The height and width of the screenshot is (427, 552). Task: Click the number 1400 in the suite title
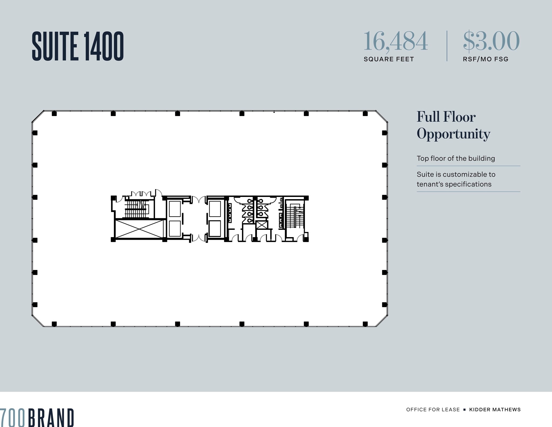click(104, 46)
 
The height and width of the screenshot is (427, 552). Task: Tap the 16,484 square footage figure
click(395, 41)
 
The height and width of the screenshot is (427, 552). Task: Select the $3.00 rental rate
click(491, 41)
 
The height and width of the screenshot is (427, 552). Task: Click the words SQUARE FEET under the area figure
click(389, 59)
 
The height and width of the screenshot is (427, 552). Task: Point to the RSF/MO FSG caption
click(485, 59)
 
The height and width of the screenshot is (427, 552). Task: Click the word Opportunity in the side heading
click(453, 134)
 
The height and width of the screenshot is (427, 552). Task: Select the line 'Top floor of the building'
click(456, 158)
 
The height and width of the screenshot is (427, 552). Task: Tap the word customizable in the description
click(461, 175)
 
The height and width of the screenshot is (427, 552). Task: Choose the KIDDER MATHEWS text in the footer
click(495, 409)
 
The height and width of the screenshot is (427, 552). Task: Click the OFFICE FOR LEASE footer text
click(433, 409)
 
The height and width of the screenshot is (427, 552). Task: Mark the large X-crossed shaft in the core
click(139, 229)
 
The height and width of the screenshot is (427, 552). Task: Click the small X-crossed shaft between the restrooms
click(262, 225)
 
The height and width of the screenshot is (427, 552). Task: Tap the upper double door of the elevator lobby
click(199, 200)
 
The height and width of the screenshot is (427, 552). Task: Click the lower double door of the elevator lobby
click(199, 238)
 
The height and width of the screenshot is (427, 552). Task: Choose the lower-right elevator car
click(215, 228)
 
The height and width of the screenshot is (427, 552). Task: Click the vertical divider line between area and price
click(447, 46)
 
